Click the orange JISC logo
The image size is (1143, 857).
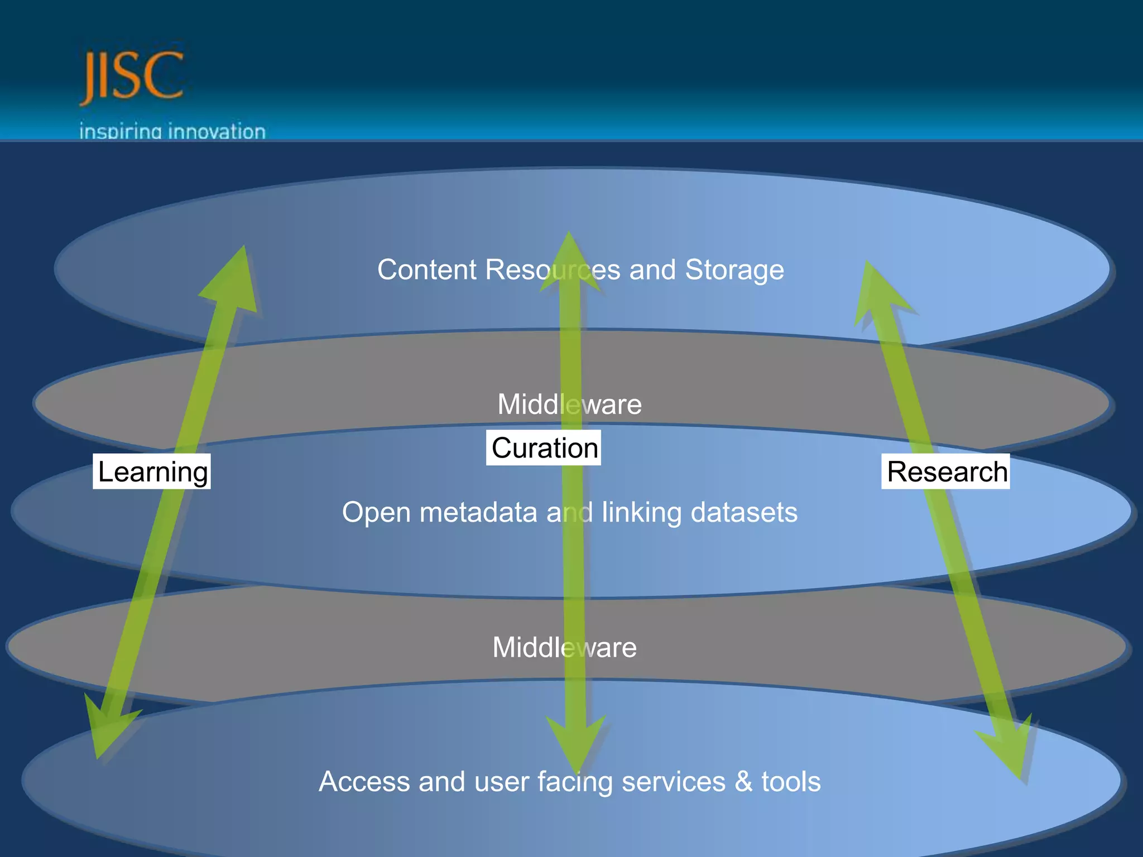point(132,76)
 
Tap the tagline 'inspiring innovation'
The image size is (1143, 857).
point(172,132)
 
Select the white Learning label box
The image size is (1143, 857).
point(152,471)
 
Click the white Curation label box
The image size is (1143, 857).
point(544,447)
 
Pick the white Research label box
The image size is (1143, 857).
point(946,471)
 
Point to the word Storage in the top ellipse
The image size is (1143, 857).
point(734,270)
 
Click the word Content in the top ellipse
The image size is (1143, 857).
point(427,270)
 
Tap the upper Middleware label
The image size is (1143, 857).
point(569,405)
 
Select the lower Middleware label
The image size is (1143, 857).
point(564,648)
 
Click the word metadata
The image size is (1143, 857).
point(478,512)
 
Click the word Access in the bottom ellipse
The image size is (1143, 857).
point(364,781)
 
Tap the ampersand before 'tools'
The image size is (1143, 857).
point(743,781)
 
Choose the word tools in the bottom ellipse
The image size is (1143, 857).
point(791,781)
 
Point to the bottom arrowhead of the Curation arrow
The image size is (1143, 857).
point(575,742)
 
